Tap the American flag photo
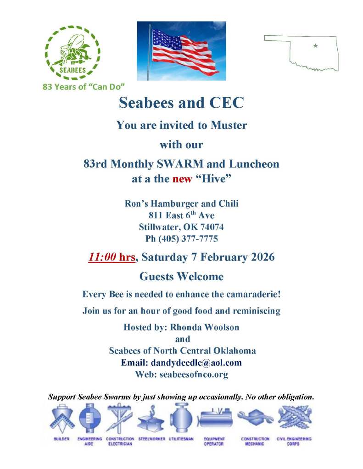(181, 50)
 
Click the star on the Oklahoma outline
(315, 45)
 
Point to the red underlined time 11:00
(103, 257)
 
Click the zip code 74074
(211, 227)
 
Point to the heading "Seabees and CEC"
(181, 103)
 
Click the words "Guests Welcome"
(181, 276)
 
